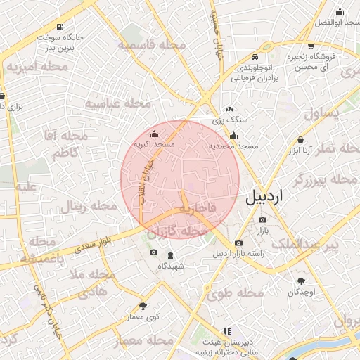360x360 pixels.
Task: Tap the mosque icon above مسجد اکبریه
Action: pyautogui.click(x=155, y=134)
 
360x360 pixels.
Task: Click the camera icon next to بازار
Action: pyautogui.click(x=262, y=220)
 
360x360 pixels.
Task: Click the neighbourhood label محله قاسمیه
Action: pyautogui.click(x=152, y=46)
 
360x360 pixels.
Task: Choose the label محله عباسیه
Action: pyautogui.click(x=118, y=103)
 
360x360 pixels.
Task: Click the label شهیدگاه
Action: pyautogui.click(x=171, y=266)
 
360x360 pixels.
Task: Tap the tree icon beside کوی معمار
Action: pyautogui.click(x=143, y=306)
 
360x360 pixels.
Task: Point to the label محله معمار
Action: pyautogui.click(x=144, y=340)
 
